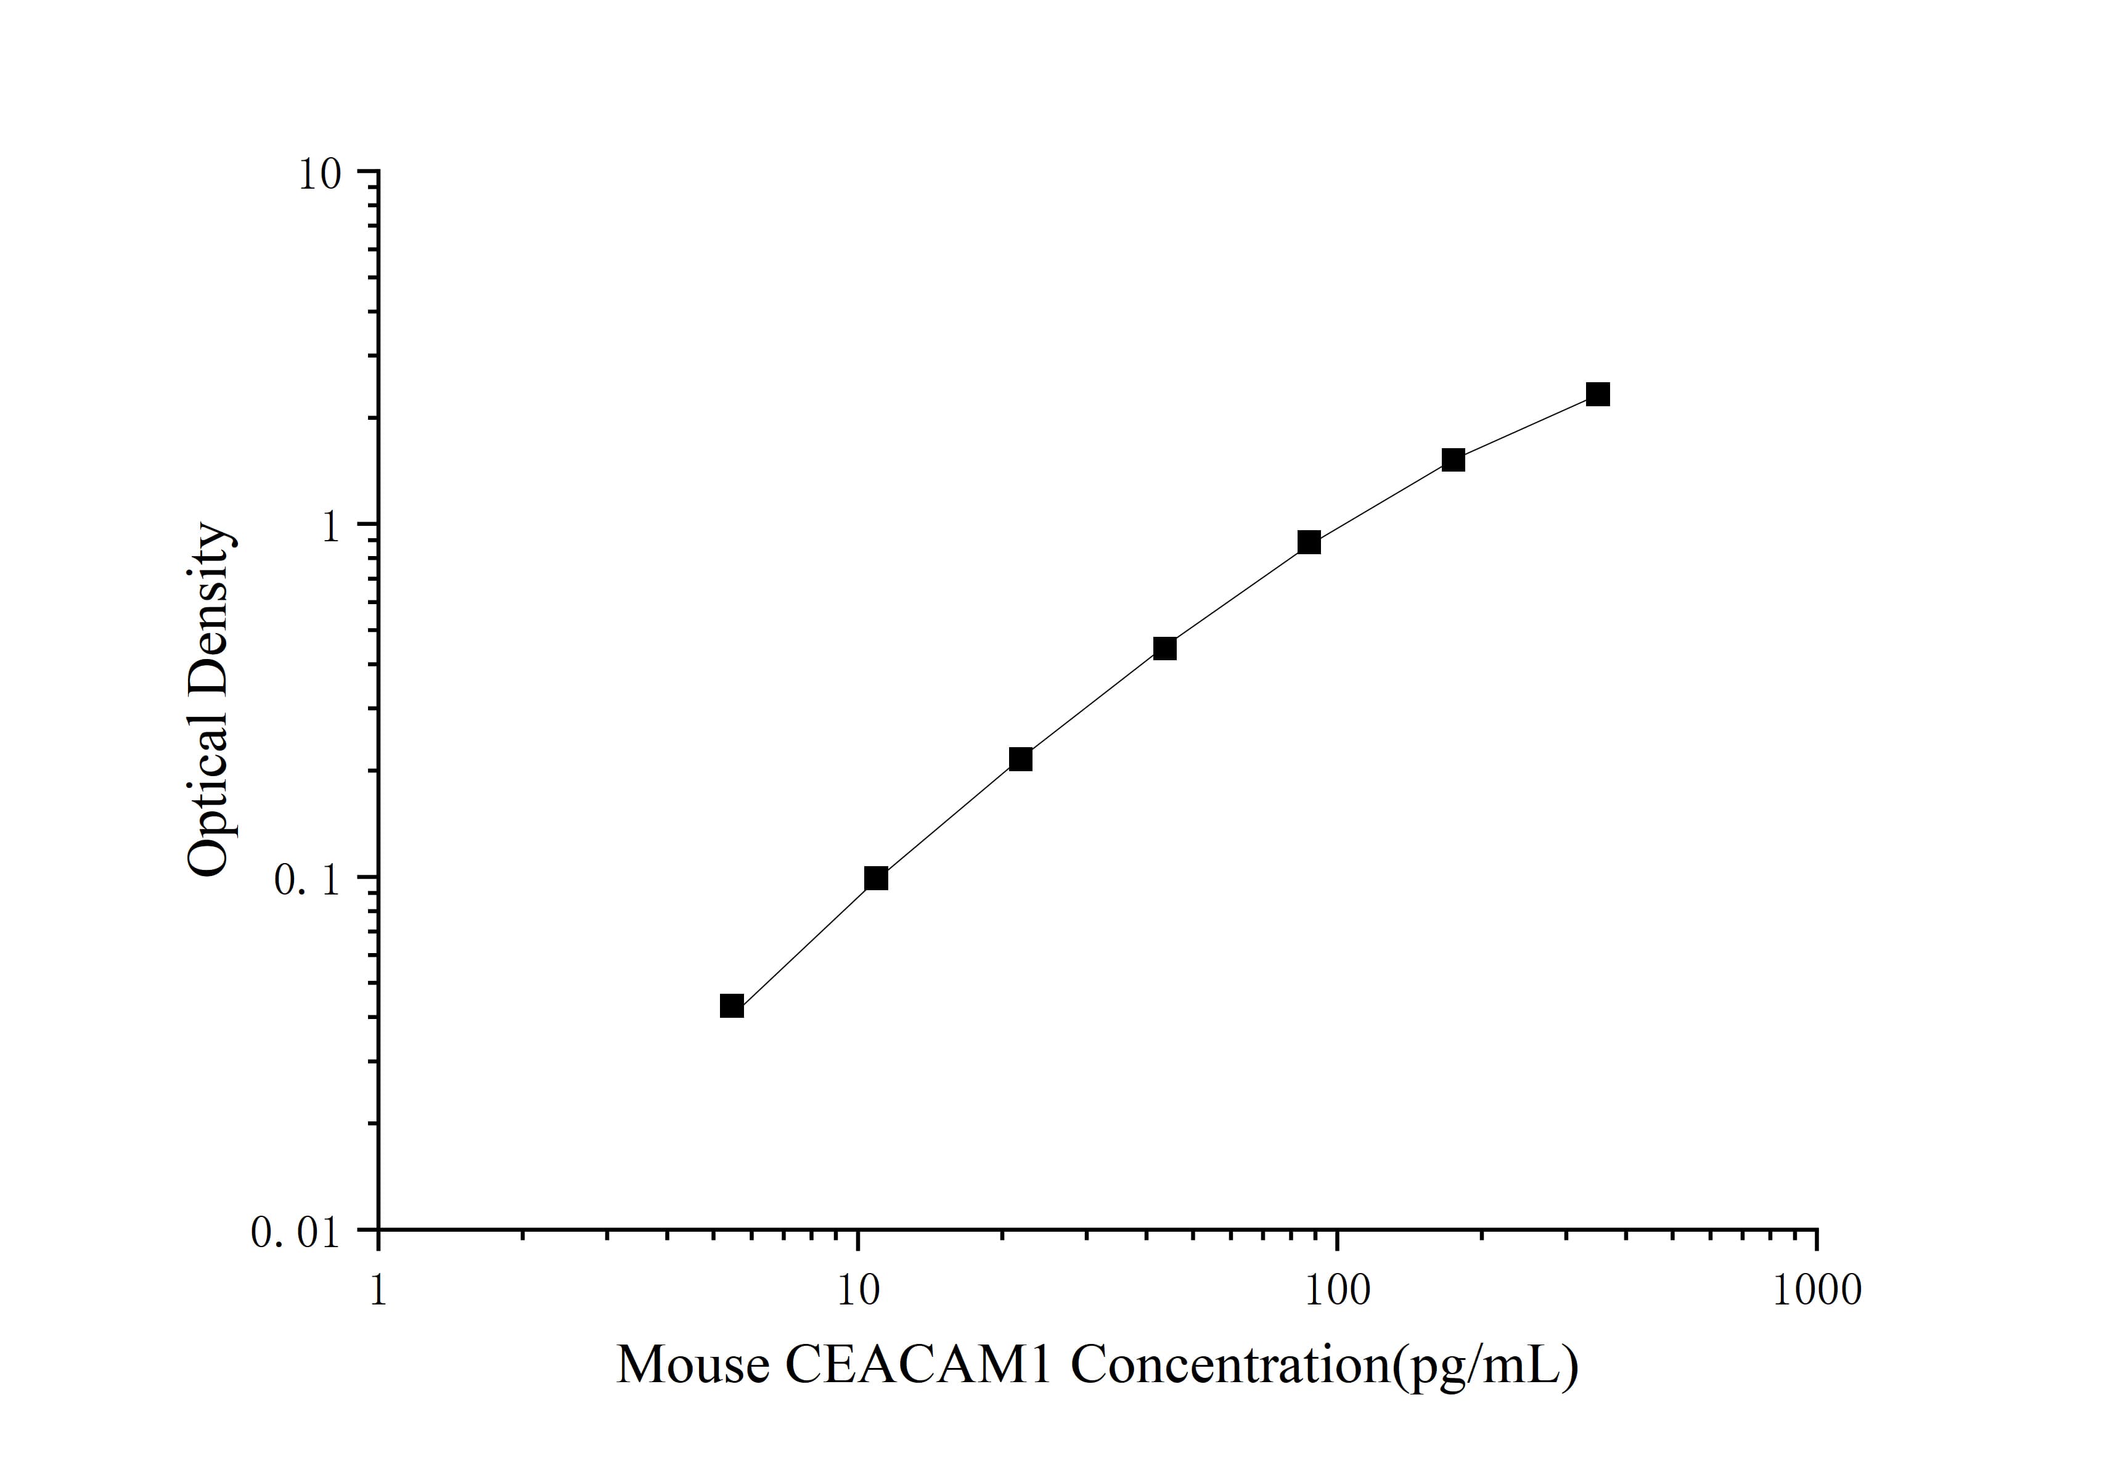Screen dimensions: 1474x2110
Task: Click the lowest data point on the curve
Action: coord(732,1006)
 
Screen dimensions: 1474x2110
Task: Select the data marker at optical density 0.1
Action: coord(877,878)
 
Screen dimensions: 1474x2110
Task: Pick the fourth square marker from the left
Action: coord(1164,649)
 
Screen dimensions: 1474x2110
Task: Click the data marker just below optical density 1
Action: coord(1309,542)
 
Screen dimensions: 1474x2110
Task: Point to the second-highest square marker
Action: coord(1453,459)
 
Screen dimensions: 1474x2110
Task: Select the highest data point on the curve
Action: coord(1598,394)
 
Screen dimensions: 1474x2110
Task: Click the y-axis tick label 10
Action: coord(319,174)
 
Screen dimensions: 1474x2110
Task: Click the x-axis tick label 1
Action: coord(378,1290)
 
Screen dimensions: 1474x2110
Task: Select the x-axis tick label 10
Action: coord(858,1290)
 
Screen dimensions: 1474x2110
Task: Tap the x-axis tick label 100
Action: coord(1336,1290)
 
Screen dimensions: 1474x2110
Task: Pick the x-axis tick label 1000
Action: coord(1816,1290)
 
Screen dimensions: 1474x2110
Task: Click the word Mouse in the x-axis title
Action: coord(692,1365)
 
